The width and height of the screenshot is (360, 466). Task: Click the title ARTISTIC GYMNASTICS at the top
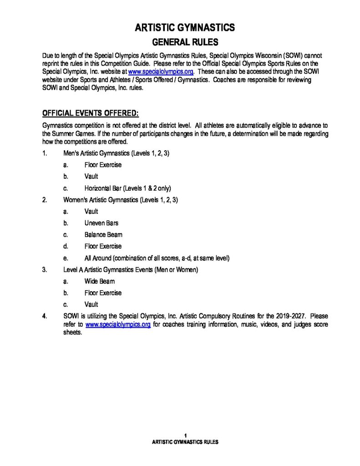(x=185, y=28)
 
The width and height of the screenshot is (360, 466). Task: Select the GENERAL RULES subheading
(x=185, y=42)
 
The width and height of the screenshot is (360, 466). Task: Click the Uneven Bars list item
(x=101, y=223)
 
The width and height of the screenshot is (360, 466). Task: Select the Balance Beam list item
(x=103, y=235)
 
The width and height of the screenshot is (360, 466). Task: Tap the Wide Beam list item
(x=99, y=281)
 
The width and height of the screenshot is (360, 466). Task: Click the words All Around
(x=97, y=258)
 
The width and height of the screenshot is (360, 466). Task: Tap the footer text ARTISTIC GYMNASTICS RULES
(x=185, y=442)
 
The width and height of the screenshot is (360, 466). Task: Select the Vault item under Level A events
(x=91, y=304)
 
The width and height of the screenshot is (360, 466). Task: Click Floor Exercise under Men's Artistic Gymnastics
(x=103, y=165)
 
